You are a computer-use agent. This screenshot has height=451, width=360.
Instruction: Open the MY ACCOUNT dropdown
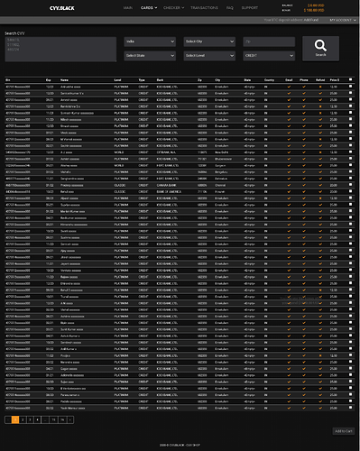(x=342, y=18)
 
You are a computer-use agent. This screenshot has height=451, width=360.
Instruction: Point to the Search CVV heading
(x=16, y=32)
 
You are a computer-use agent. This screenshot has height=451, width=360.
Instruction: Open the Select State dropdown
(x=150, y=56)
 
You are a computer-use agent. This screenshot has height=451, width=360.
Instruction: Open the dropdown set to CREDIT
(x=268, y=56)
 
